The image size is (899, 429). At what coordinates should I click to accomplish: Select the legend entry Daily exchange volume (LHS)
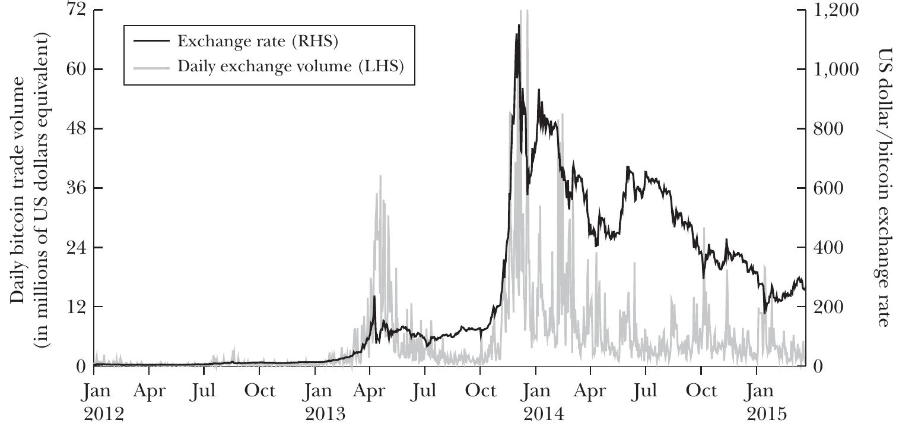[290, 66]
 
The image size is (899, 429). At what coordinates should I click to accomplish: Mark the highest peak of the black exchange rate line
[519, 25]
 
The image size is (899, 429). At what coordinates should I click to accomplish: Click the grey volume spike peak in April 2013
[380, 176]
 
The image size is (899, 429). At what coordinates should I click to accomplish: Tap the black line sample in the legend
[151, 41]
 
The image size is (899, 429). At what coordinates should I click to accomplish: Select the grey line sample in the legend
[151, 66]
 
